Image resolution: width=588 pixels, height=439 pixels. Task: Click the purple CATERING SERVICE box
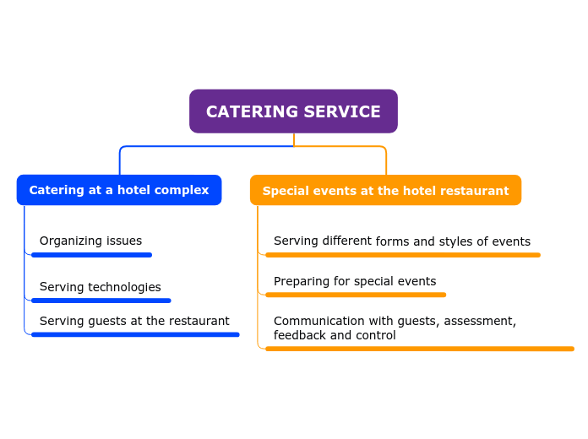293,111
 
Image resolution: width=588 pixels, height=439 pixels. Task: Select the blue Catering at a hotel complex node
119,190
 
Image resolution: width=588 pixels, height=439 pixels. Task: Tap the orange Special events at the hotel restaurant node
385,191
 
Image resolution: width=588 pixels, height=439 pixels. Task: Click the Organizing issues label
90,241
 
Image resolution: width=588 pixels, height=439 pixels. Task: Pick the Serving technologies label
100,287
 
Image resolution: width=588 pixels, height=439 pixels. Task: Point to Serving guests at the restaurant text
134,321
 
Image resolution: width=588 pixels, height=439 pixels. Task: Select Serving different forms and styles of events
402,241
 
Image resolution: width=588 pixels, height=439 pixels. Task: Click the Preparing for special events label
355,281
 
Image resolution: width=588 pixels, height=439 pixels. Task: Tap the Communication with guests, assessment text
395,321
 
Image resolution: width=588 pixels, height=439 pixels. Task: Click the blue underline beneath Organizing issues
91,255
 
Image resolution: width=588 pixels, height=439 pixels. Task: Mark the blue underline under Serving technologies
101,301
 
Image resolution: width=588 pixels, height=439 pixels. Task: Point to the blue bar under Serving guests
135,334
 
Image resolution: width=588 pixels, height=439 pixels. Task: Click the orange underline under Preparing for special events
356,295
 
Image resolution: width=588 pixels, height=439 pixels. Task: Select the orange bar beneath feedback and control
419,349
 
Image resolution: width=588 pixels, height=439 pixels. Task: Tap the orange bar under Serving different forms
402,255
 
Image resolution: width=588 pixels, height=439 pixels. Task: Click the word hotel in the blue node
133,190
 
